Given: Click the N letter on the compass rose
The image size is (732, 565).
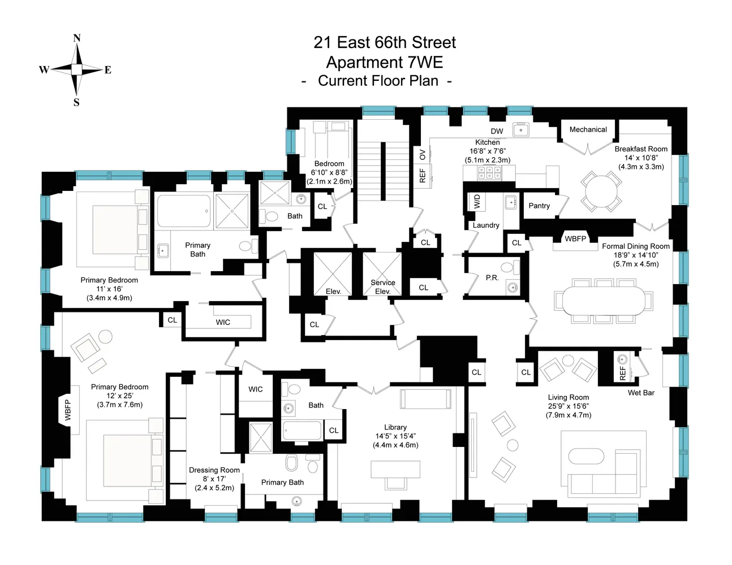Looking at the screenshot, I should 77,38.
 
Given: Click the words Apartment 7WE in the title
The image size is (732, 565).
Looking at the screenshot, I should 384,62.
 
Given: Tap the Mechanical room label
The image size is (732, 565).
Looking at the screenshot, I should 588,129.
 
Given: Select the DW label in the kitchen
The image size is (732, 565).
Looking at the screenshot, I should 497,131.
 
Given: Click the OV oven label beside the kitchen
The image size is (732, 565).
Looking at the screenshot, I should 422,154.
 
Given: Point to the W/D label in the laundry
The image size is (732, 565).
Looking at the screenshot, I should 476,201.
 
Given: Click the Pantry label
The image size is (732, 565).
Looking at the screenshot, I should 539,206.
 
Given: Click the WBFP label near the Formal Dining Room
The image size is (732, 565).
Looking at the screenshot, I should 575,239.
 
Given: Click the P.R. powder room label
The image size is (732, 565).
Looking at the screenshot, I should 492,277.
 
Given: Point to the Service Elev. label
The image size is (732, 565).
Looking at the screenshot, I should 383,287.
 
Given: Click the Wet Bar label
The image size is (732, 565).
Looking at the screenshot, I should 641,393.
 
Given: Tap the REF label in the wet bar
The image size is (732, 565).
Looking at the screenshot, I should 623,373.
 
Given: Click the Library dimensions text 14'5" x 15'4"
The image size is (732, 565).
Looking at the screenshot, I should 395,436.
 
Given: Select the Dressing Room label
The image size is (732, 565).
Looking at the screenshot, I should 214,470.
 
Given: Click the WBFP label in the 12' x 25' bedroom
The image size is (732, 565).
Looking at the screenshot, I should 68,410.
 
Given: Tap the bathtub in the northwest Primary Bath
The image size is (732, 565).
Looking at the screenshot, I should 183,211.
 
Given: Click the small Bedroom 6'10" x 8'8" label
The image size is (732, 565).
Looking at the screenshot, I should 329,164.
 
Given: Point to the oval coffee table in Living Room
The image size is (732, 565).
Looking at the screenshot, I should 587,457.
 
